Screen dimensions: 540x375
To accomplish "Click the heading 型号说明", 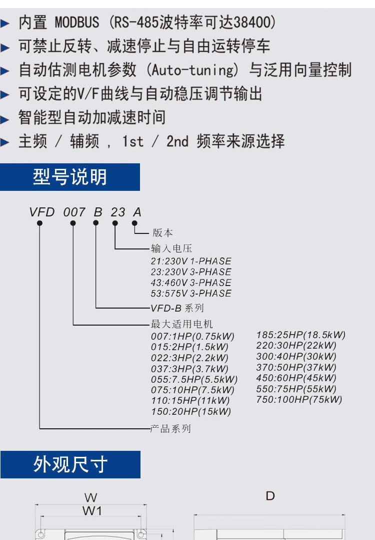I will click(x=70, y=177).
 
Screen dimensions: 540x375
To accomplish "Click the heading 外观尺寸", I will click(x=70, y=464).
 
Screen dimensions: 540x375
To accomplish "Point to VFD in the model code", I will click(x=41, y=212).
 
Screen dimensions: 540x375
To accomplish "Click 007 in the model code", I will click(x=74, y=212).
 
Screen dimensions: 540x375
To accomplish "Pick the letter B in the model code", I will click(x=98, y=212).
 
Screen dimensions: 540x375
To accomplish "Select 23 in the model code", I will click(x=118, y=212).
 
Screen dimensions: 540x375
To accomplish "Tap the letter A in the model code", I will click(x=137, y=212).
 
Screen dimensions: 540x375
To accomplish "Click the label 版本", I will click(x=162, y=233).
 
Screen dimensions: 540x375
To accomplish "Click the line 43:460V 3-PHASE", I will click(x=191, y=283).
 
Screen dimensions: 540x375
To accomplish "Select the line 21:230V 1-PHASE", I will click(x=191, y=261).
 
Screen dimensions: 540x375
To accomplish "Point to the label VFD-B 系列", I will click(x=177, y=308).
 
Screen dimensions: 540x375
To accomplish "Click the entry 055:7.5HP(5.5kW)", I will click(x=194, y=379).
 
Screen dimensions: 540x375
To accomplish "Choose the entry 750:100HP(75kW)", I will click(x=299, y=399).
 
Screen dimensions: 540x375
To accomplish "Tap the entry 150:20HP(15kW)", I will click(x=191, y=411).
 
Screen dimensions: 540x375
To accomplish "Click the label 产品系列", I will click(x=170, y=429).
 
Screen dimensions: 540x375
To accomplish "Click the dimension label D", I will click(x=270, y=496).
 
